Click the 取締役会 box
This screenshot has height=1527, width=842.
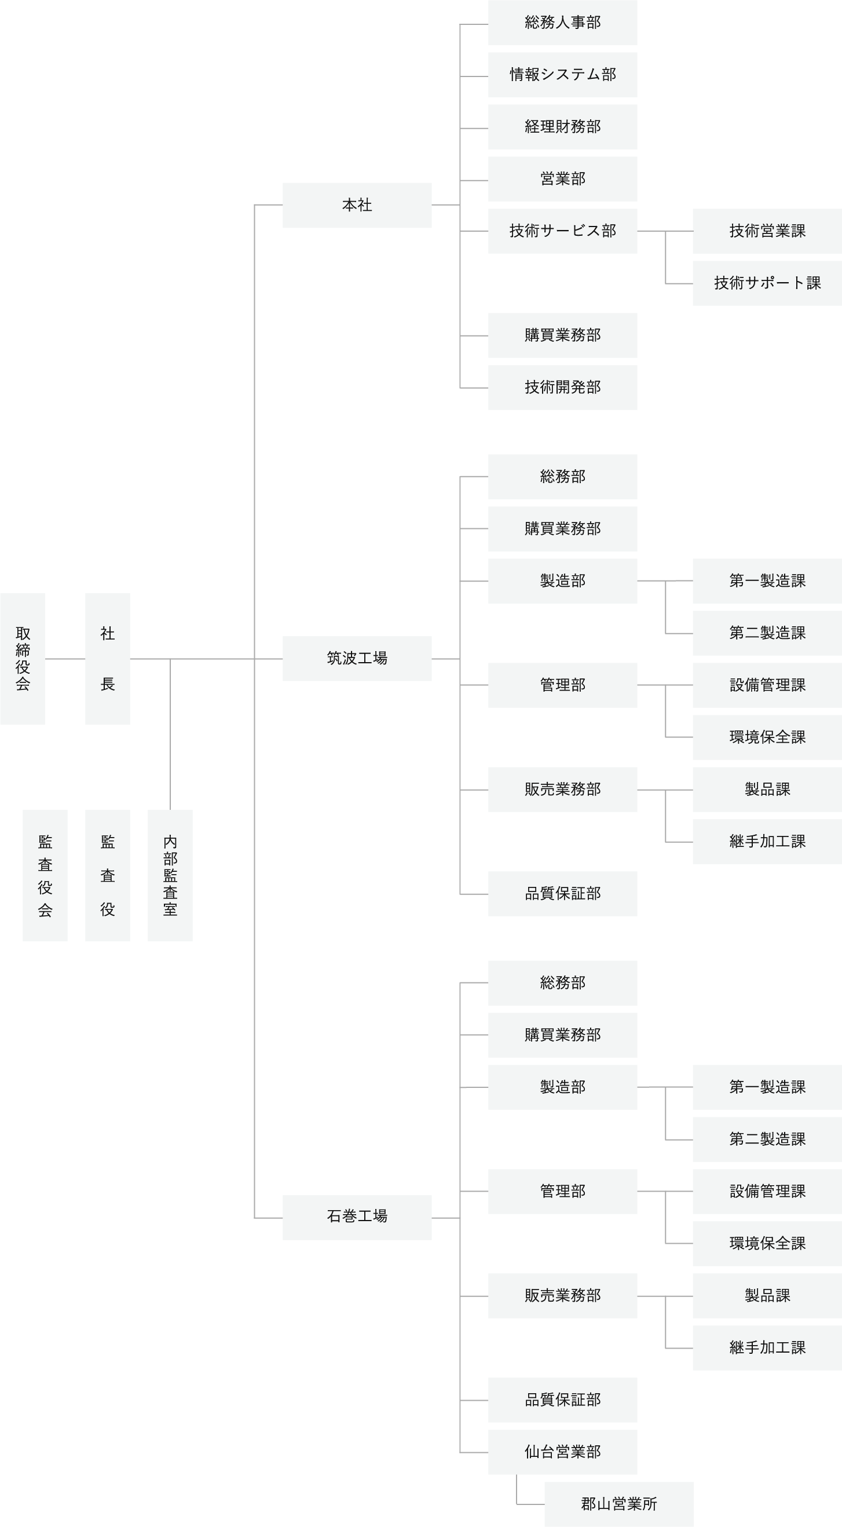[x=23, y=659]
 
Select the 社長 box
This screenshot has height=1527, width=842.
[x=107, y=659]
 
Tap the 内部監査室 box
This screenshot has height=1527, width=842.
[x=170, y=875]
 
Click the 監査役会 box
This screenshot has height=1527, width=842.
[x=45, y=875]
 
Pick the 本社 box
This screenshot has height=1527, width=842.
[x=357, y=205]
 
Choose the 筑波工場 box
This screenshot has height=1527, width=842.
[x=357, y=659]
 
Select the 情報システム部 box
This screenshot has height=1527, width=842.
[x=562, y=75]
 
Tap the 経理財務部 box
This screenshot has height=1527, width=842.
[x=562, y=127]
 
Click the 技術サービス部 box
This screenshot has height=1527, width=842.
[x=562, y=231]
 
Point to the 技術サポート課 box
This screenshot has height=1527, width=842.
[x=767, y=283]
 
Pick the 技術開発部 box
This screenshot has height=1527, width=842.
[x=562, y=388]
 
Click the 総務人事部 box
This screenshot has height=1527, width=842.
[x=562, y=23]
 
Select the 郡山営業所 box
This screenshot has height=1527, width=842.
[x=618, y=1504]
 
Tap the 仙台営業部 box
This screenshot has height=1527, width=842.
[x=562, y=1452]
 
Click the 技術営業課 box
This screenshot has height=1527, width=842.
[x=767, y=231]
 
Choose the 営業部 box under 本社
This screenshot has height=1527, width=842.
[x=562, y=179]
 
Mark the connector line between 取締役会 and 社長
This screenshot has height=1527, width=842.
[x=65, y=659]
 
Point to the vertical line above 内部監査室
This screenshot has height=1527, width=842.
[x=170, y=735]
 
